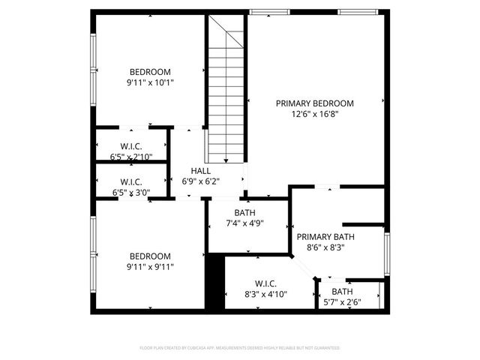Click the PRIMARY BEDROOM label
(x=314, y=103)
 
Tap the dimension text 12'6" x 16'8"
(x=314, y=115)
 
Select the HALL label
(x=200, y=171)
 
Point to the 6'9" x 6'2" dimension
(x=200, y=181)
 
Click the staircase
(x=226, y=90)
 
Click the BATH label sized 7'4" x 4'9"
(x=245, y=212)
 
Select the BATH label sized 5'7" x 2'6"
(x=342, y=292)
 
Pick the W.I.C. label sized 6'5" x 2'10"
(x=131, y=146)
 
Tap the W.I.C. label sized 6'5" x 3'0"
(x=131, y=181)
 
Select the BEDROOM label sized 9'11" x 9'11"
(x=150, y=256)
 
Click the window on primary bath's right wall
(x=387, y=255)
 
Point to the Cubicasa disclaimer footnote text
(x=240, y=348)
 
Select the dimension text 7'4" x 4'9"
(x=245, y=223)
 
